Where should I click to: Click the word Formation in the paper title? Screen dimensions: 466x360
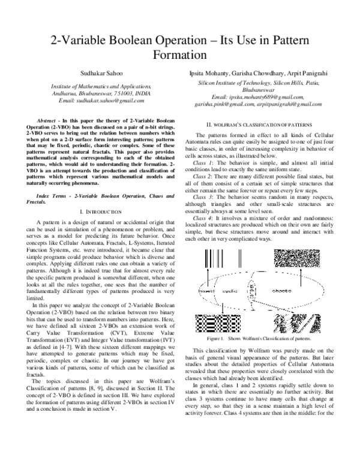[x=180, y=54]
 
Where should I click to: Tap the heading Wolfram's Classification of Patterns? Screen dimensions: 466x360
[x=258, y=124]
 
